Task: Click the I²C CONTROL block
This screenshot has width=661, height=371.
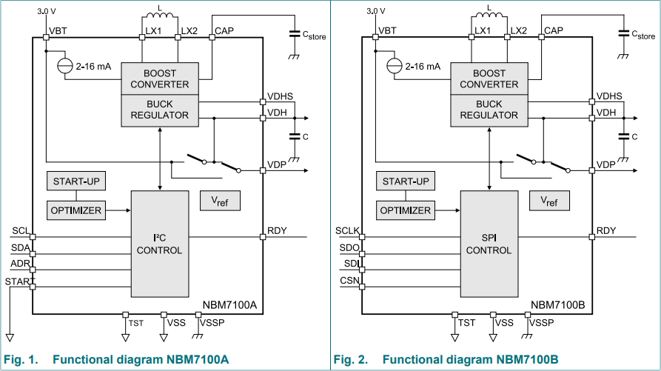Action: pos(159,244)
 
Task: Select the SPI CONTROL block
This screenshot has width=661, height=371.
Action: pos(489,244)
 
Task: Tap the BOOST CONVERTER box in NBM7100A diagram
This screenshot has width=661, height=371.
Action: pos(159,78)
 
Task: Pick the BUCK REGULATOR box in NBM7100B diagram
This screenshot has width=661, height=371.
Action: pos(489,110)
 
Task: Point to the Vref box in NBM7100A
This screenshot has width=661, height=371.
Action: pos(221,201)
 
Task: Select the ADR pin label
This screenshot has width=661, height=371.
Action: pos(20,264)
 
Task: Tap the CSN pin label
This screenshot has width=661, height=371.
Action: pos(349,281)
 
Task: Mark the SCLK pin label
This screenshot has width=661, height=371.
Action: pos(347,230)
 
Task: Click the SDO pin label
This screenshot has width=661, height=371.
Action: pos(349,247)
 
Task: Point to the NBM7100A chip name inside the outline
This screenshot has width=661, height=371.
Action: pos(229,304)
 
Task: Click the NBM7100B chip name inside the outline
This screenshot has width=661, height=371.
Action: pos(559,304)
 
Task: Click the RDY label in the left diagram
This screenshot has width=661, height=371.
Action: pos(277,230)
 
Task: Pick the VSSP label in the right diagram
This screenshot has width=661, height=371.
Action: pos(543,323)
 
